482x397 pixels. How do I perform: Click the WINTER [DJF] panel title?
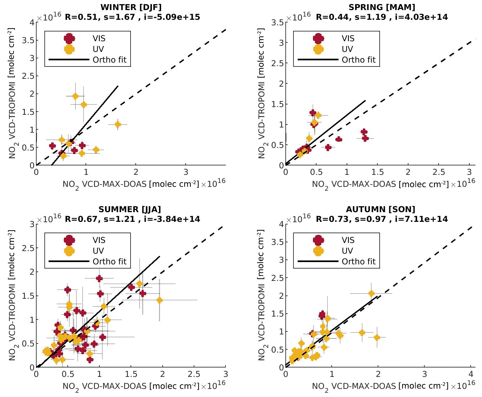131,7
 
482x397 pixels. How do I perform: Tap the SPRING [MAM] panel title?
382,7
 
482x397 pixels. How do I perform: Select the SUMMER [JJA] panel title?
130,209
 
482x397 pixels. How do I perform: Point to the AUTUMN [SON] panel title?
380,209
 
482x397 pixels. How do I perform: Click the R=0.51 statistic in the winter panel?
81,17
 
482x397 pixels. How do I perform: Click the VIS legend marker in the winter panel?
69,38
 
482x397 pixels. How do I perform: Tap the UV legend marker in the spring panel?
318,49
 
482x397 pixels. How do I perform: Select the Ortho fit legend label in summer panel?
109,261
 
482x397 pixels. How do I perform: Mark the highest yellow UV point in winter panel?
75,96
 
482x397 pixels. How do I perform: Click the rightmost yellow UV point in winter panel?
118,124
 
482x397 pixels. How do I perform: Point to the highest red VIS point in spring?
313,113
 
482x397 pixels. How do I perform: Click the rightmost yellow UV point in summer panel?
159,300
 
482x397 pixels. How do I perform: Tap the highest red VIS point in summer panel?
99,278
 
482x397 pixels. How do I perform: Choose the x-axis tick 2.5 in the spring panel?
439,172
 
